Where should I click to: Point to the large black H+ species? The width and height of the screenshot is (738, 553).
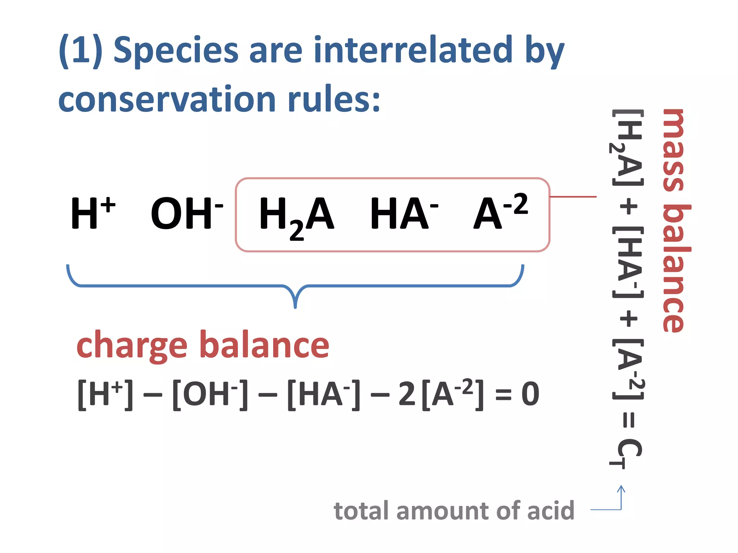[x=92, y=213]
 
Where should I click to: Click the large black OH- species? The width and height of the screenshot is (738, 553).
[x=186, y=213]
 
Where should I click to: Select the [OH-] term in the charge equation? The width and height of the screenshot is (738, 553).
[x=210, y=395]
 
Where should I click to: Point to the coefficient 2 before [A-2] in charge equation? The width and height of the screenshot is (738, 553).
[x=407, y=395]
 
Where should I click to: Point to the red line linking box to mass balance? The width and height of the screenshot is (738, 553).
[x=573, y=197]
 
